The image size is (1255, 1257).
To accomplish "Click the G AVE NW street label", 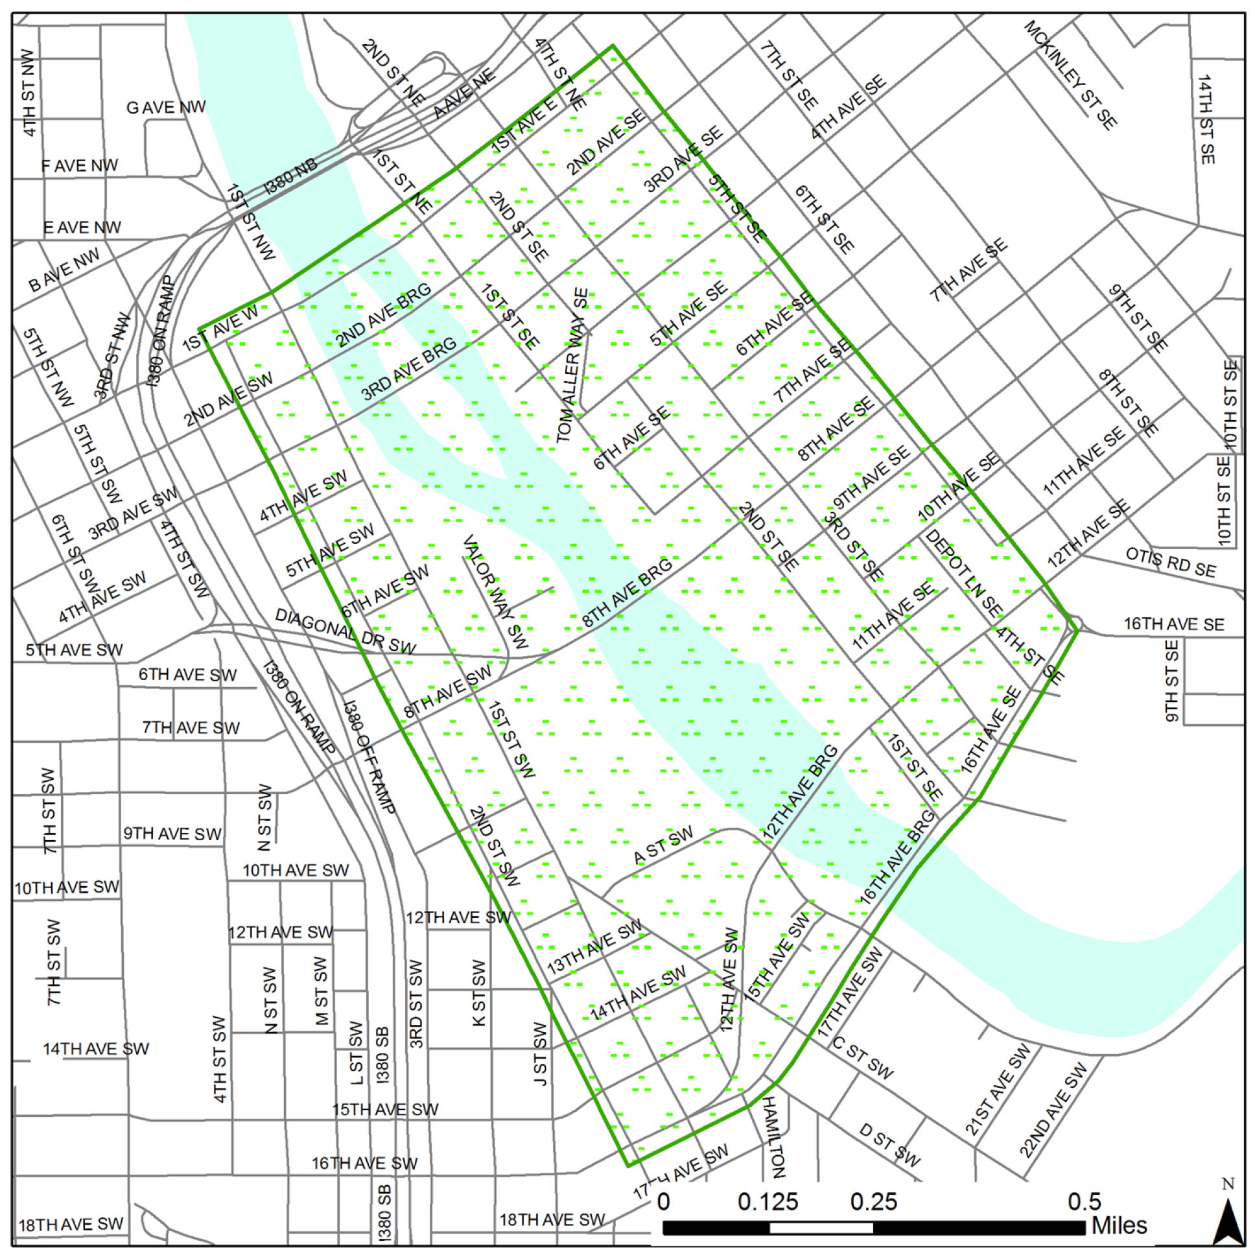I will pyautogui.click(x=166, y=108).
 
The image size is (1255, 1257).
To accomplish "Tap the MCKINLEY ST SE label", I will pyautogui.click(x=1070, y=74).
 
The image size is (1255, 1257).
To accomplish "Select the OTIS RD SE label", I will pyautogui.click(x=1171, y=562).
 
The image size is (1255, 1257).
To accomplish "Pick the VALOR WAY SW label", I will pyautogui.click(x=495, y=591).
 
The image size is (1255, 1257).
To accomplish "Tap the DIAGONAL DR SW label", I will pyautogui.click(x=345, y=631).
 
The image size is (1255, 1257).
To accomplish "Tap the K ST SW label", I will pyautogui.click(x=478, y=993).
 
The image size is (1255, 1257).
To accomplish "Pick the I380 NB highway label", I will pyautogui.click(x=290, y=176).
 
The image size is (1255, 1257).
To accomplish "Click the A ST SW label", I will pyautogui.click(x=664, y=846).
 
